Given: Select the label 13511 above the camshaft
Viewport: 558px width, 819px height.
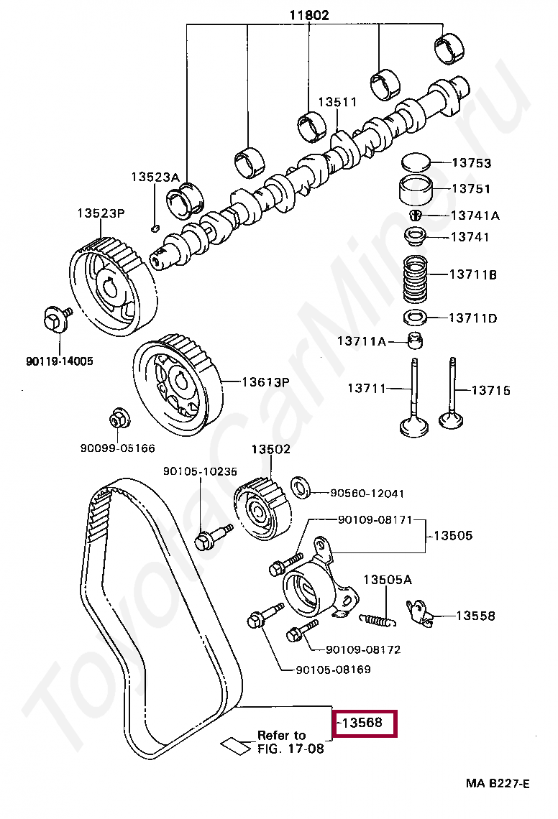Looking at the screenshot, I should (x=337, y=102).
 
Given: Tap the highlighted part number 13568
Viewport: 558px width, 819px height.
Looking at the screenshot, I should (x=364, y=723).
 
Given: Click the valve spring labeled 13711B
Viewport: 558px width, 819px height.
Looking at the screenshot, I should (x=414, y=279).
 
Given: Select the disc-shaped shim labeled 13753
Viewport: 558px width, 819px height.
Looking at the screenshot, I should (x=414, y=162).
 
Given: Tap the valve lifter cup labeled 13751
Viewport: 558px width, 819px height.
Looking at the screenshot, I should (x=414, y=191).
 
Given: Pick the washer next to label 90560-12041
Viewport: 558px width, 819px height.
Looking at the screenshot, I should (x=301, y=486).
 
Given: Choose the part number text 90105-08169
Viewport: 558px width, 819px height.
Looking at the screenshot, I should (x=333, y=670).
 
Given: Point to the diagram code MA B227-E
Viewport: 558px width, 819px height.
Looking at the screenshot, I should (x=496, y=783).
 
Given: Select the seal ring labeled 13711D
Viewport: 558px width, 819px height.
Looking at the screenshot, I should (x=414, y=318).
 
